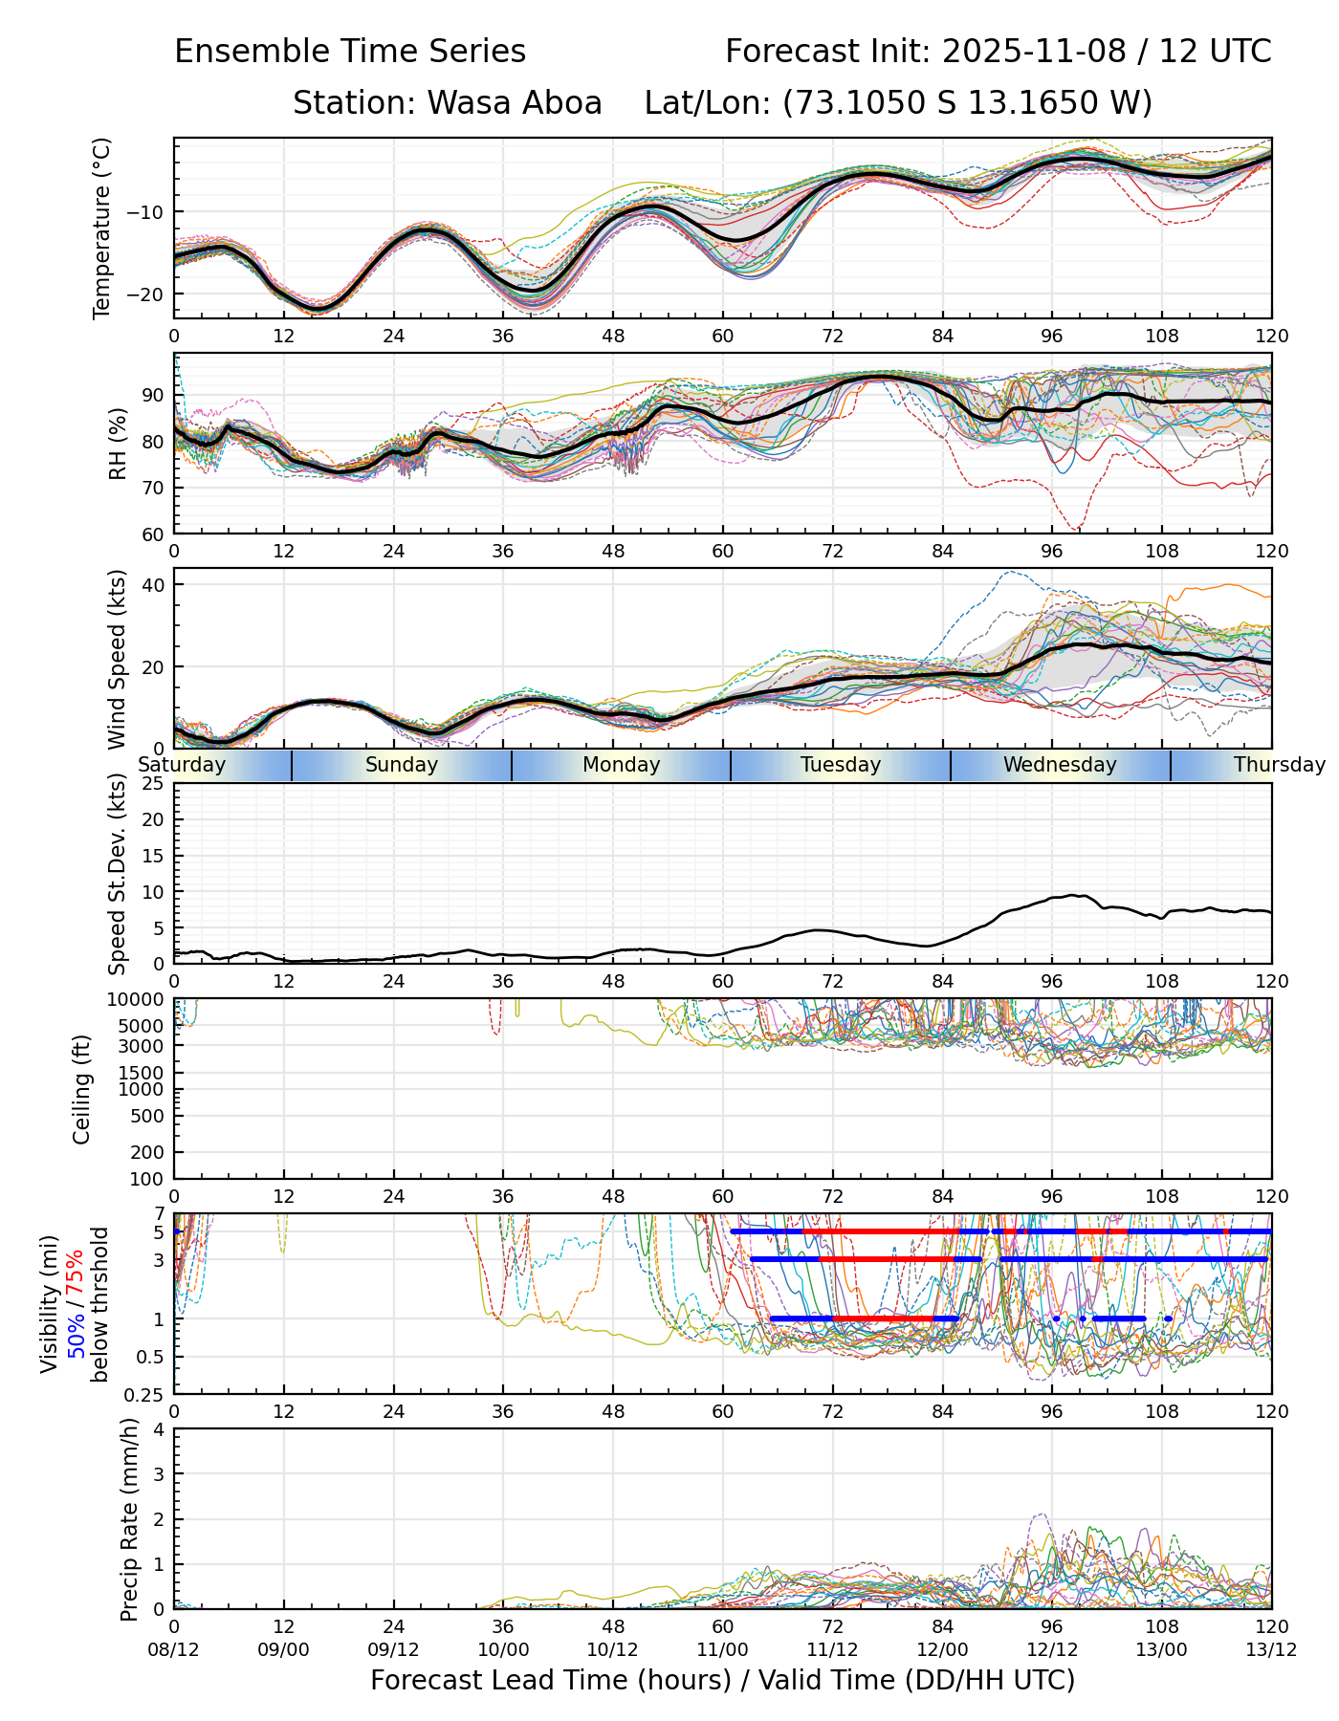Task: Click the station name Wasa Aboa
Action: pyautogui.click(x=515, y=102)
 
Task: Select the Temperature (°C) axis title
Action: pyautogui.click(x=102, y=228)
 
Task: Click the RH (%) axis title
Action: pyautogui.click(x=119, y=443)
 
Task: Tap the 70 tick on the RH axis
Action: pyautogui.click(x=154, y=488)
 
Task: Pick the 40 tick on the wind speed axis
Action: pyautogui.click(x=154, y=584)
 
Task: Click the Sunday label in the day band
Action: pyautogui.click(x=402, y=765)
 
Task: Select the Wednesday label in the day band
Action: pyautogui.click(x=1060, y=765)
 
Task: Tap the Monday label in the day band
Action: pyautogui.click(x=622, y=765)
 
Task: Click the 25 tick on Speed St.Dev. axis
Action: pyautogui.click(x=154, y=784)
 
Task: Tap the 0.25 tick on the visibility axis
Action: pyautogui.click(x=145, y=1394)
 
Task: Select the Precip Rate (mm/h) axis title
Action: pyautogui.click(x=130, y=1518)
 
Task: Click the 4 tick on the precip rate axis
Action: pyautogui.click(x=159, y=1430)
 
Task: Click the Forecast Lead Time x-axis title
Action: pyautogui.click(x=722, y=1681)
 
